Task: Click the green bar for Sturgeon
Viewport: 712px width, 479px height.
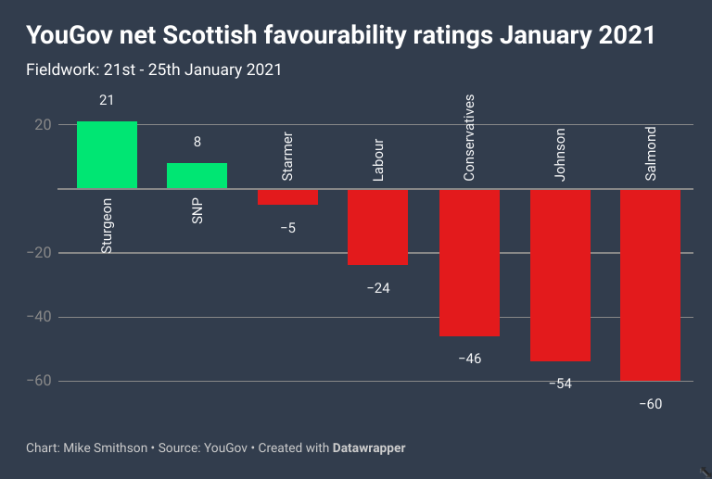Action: coord(107,155)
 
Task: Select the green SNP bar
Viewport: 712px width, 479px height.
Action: coord(197,176)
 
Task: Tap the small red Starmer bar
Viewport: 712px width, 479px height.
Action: coord(287,196)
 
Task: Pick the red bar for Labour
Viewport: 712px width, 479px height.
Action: coord(378,227)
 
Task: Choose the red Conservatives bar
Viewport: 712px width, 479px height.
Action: coord(469,262)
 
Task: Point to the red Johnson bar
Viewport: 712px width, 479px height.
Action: coord(560,275)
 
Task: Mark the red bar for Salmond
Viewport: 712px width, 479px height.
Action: coord(650,284)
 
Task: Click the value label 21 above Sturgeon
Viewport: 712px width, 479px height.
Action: coord(107,100)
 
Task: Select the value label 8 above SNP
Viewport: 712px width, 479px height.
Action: coord(197,142)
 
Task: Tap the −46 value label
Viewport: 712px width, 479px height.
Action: coord(469,359)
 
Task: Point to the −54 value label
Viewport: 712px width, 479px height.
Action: coord(560,384)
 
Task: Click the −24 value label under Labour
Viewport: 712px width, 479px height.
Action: coord(378,288)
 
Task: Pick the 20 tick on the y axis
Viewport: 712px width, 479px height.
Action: coord(42,124)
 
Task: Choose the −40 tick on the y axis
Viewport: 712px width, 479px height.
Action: coord(38,317)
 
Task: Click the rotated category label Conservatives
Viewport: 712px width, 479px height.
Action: coord(469,137)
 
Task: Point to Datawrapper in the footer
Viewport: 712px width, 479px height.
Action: coord(369,448)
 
